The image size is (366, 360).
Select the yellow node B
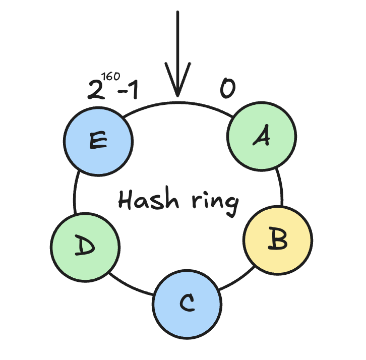click(278, 240)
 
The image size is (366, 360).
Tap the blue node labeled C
click(187, 304)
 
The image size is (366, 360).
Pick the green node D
click(86, 246)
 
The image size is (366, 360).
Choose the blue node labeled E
click(98, 141)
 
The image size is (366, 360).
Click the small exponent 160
click(110, 77)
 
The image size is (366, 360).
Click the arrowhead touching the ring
click(177, 86)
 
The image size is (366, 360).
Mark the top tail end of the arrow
click(177, 13)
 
